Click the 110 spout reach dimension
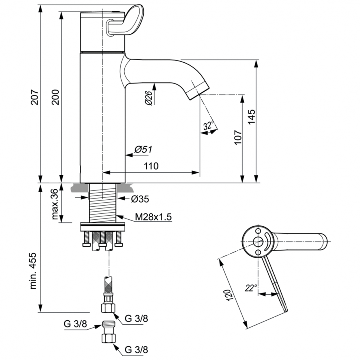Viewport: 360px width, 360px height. pyautogui.click(x=151, y=166)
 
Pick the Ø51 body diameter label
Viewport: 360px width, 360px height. pyautogui.click(x=143, y=150)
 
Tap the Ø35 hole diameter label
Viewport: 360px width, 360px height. pyautogui.click(x=140, y=199)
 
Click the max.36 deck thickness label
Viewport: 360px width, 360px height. pyautogui.click(x=54, y=204)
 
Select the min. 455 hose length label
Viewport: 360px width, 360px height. pyautogui.click(x=34, y=271)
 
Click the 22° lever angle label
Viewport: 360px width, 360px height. pyautogui.click(x=251, y=288)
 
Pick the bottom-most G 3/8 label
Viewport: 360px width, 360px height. pyautogui.click(x=137, y=349)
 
